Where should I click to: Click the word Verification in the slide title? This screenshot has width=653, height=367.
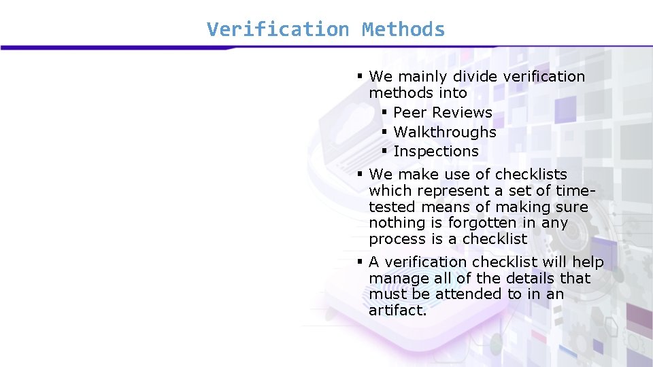[278, 30]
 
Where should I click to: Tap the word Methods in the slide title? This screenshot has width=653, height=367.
[403, 30]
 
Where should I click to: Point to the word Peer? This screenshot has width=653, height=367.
[410, 113]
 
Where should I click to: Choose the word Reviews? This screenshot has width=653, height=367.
[462, 113]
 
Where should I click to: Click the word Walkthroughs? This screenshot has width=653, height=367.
[445, 132]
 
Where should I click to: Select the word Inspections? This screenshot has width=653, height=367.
[436, 152]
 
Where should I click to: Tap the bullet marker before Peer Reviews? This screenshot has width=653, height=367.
[384, 112]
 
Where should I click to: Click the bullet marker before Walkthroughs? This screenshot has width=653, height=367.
[384, 131]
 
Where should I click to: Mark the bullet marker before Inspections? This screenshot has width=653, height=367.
[384, 151]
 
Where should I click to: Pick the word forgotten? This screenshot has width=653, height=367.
[482, 224]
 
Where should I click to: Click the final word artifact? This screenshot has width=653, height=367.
[397, 311]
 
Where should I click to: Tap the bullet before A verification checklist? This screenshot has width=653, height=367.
[361, 262]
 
